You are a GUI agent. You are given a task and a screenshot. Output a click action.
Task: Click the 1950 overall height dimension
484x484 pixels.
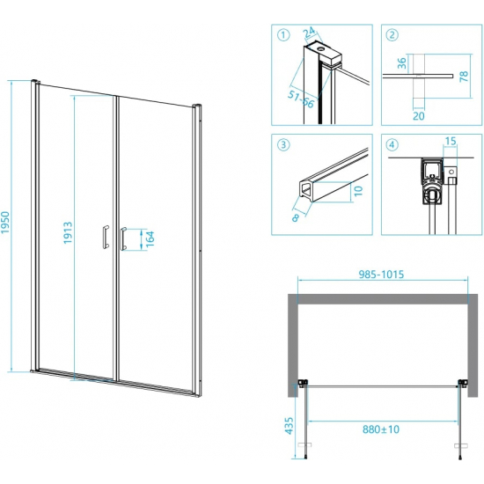(x=5, y=223)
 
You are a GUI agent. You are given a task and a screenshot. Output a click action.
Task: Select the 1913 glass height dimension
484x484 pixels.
(x=68, y=232)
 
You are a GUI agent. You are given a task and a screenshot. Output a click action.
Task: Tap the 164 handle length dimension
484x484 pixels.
(x=150, y=238)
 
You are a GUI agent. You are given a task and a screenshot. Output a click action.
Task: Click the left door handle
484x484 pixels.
(x=106, y=237)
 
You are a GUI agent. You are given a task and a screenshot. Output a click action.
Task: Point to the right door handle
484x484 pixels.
(x=123, y=238)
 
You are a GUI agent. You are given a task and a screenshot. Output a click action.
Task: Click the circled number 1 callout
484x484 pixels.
(x=283, y=35)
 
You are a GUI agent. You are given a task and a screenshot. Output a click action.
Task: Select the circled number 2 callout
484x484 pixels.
(x=392, y=35)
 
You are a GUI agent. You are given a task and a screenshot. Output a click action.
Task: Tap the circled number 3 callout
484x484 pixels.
(x=283, y=144)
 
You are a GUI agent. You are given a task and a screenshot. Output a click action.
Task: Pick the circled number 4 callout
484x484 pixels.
(x=392, y=144)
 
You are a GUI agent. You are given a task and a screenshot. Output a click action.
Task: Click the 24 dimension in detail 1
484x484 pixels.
(x=309, y=32)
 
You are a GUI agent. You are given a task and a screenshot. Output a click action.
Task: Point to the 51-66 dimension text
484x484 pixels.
(x=301, y=99)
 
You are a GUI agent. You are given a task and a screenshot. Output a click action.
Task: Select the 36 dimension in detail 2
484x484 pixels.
(x=401, y=63)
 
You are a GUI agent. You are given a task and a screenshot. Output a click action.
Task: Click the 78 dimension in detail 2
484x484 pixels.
(x=464, y=76)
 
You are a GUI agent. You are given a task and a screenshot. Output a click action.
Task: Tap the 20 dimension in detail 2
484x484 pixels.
(x=419, y=116)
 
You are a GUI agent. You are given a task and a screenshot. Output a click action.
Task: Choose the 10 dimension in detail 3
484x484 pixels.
(x=358, y=191)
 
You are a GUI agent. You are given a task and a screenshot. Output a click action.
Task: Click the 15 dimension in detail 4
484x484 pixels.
(x=451, y=141)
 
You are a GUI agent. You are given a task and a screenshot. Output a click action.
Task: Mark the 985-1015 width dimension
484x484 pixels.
(x=381, y=274)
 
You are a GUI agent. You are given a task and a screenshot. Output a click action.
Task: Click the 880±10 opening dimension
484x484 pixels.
(x=381, y=429)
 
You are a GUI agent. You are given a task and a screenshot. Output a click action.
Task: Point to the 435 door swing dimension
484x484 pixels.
(x=289, y=426)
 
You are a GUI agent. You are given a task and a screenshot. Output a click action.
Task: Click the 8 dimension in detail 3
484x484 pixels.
(x=296, y=217)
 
